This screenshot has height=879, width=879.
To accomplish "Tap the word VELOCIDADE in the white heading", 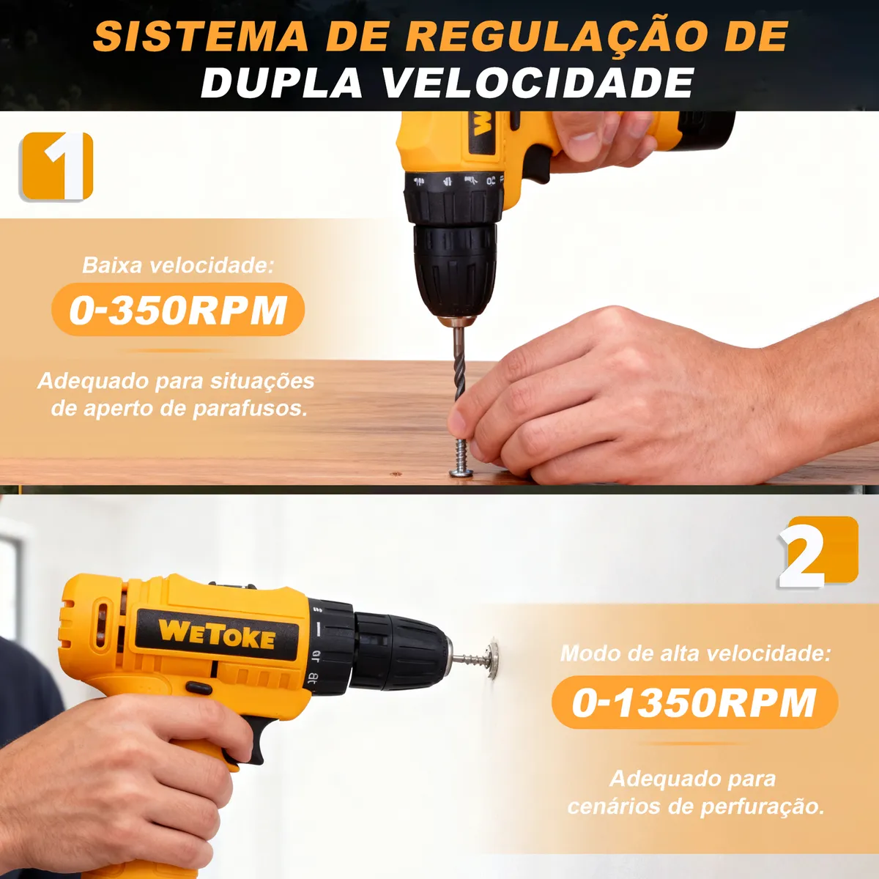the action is coord(538,82).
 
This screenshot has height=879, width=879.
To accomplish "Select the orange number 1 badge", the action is coord(57,166).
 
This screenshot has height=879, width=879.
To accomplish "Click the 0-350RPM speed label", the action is coord(178,310).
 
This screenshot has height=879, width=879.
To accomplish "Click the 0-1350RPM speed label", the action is coord(694,702).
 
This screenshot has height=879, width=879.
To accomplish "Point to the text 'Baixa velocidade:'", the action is coord(178,265).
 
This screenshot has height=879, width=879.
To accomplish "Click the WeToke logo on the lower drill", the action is coord(217,634).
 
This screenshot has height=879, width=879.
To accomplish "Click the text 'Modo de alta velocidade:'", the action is coord(695,653).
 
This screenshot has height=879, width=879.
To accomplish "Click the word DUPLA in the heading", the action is coord(281,82).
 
